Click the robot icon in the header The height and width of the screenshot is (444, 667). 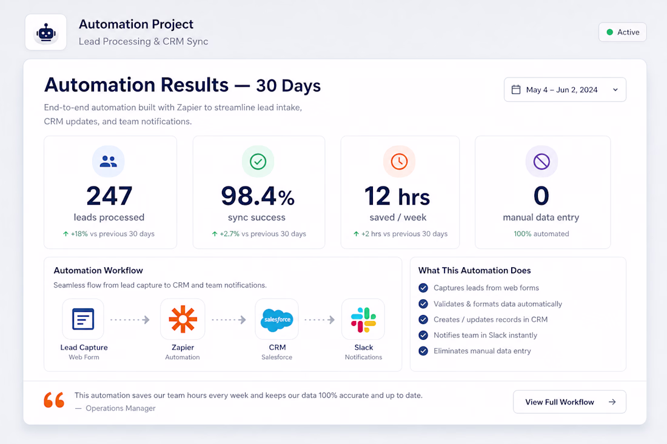46,32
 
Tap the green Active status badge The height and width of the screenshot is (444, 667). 622,32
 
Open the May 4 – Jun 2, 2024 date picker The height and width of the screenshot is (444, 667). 565,90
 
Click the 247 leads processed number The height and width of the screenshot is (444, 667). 109,196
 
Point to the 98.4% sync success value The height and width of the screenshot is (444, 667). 258,196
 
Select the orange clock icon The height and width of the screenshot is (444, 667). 399,162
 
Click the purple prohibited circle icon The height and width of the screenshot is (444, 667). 541,162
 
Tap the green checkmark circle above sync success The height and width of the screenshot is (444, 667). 258,162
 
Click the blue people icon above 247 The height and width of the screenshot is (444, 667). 109,162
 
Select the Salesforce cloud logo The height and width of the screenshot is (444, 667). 277,319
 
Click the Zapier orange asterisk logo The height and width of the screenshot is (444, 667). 183,319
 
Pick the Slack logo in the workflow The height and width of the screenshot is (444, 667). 363,319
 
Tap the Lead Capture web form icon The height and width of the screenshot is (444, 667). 83,319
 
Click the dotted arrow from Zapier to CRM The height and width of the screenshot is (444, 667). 229,319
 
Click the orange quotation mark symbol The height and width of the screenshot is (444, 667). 54,400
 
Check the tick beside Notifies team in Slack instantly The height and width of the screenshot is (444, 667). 423,335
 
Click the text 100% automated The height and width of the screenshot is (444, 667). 541,234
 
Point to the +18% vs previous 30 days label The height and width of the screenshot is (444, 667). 109,234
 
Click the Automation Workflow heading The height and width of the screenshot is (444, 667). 98,271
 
